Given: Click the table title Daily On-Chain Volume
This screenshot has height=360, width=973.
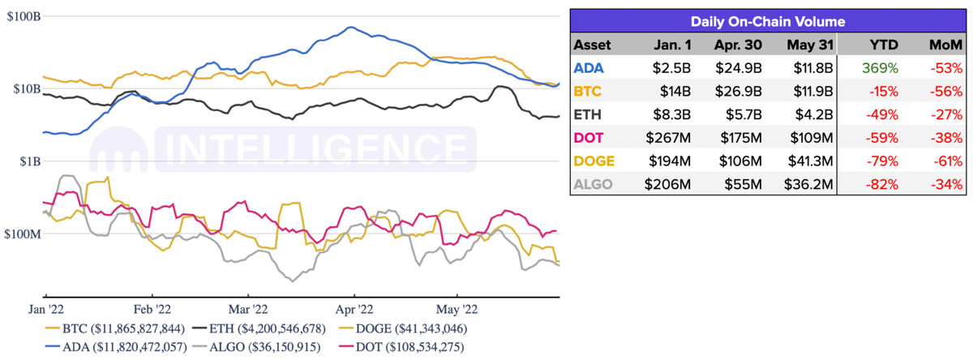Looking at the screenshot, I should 768,22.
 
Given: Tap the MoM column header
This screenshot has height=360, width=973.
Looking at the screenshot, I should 945,45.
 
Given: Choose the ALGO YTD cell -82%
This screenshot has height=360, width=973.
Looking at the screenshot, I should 882,185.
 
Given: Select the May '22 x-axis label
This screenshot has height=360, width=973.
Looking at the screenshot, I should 457,309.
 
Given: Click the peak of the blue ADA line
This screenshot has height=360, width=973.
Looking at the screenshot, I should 349,28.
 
